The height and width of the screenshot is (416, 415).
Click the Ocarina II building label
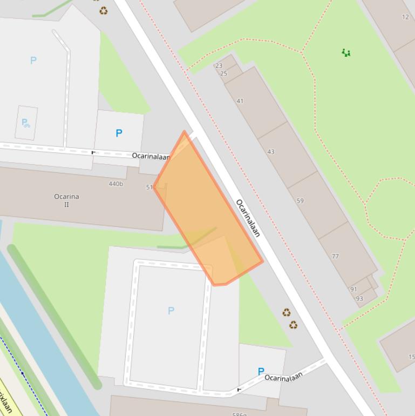pos(66,200)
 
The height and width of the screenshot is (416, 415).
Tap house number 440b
pos(115,184)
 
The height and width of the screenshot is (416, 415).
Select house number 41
pos(240,101)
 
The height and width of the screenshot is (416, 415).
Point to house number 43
pos(271,152)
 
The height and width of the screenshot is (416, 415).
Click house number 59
pos(300,200)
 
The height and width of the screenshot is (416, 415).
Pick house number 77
pos(335,256)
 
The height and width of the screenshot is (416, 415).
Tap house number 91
pos(353,289)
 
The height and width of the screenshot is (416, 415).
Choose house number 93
pos(359,299)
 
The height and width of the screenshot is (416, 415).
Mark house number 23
pos(219,66)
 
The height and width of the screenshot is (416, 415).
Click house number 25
pos(223,73)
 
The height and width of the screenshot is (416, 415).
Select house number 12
pos(405,17)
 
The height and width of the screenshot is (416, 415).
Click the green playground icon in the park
pos(346,52)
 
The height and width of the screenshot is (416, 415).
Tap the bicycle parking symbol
pos(25,123)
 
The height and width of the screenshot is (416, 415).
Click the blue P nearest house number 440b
pos(119,133)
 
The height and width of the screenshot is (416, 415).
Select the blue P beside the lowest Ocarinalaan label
pos(261,371)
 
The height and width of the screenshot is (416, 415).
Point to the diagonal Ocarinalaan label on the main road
pos(248,218)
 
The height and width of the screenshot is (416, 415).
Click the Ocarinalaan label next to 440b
pos(151,156)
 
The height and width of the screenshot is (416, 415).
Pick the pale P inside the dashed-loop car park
pos(171,311)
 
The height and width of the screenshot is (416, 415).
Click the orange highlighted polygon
pos(205,211)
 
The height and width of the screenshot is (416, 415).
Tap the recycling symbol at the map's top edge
pos(103,11)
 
